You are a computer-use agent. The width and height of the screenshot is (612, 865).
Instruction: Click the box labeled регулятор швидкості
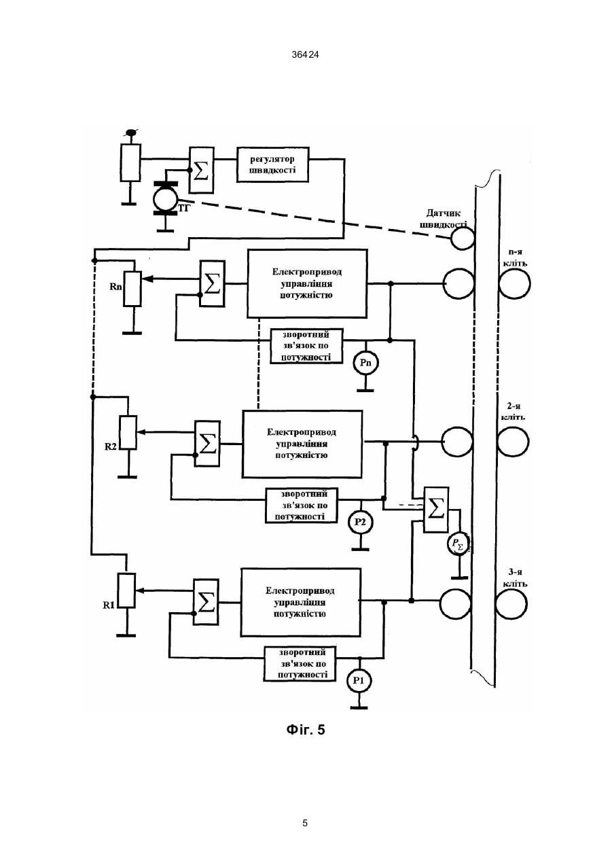(272, 164)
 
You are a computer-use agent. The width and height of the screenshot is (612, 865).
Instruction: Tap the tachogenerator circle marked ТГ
(165, 199)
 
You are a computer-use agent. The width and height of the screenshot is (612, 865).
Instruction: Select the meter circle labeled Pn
(365, 363)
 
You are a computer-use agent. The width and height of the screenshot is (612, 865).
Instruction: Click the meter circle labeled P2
(360, 522)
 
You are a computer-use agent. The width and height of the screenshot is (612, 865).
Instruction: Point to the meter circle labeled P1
(359, 680)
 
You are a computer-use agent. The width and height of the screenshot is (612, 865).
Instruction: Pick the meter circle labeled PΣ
(458, 544)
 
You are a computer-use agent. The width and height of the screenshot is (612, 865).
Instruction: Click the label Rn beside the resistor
(116, 287)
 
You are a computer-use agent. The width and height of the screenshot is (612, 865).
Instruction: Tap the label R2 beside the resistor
(111, 446)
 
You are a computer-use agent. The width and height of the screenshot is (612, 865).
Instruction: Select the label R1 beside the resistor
(109, 605)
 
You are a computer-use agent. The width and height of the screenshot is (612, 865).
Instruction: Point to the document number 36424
(306, 55)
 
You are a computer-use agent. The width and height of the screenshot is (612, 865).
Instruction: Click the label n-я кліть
(516, 258)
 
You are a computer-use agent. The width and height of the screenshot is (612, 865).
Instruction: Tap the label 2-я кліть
(514, 412)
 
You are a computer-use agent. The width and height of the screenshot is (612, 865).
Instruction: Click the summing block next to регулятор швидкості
(201, 170)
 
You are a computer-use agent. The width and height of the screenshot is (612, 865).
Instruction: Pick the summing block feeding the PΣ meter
(436, 510)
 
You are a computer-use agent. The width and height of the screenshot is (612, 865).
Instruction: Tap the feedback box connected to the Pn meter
(306, 346)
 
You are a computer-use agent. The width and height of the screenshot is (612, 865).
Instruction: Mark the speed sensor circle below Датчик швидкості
(462, 239)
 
